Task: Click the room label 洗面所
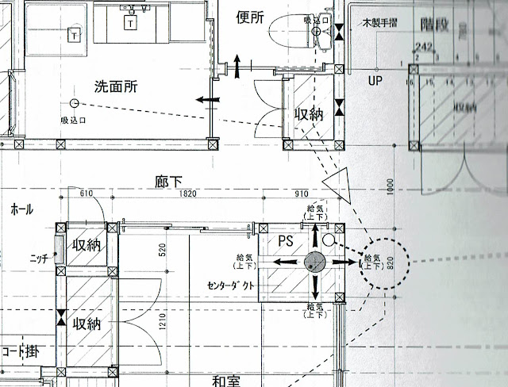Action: pos(116,87)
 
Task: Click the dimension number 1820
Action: pos(188,193)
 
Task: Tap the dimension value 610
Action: pos(87,193)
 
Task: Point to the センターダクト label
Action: pos(231,286)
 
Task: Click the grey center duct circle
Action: pos(315,261)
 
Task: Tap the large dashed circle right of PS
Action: pos(384,261)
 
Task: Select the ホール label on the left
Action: pos(21,209)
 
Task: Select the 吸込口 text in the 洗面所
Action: pos(74,120)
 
